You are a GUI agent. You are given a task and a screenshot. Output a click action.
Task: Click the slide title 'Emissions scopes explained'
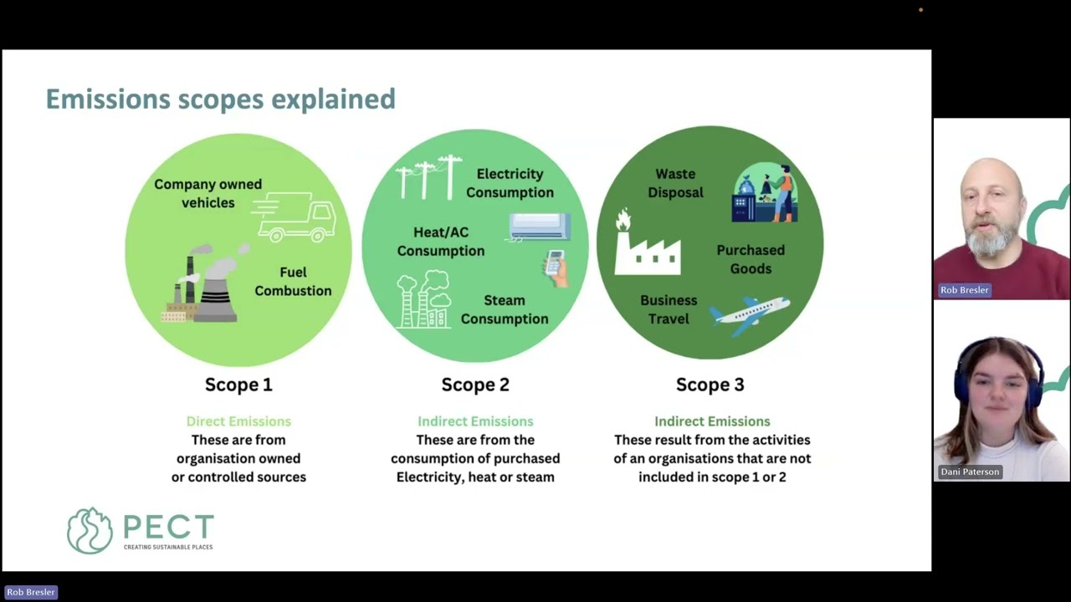pos(220,99)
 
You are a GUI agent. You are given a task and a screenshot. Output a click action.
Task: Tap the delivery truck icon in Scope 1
pos(295,217)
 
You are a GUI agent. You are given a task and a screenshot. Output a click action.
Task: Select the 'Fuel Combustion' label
pos(293,282)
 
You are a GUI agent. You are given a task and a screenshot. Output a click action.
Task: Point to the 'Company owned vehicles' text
pos(208,193)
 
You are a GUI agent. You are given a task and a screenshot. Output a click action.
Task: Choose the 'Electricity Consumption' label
pos(510,183)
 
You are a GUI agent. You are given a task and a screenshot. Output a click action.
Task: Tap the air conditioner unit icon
pos(540,226)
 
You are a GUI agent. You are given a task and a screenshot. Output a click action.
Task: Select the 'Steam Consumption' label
pos(505,309)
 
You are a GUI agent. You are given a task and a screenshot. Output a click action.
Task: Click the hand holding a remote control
pos(556,268)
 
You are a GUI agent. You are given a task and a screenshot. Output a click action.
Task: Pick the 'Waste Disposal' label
pos(675,183)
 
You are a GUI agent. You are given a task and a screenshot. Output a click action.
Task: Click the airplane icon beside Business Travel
pos(750,315)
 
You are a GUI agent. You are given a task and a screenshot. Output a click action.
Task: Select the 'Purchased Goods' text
pos(751,259)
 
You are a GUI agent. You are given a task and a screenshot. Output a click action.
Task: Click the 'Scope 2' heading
pos(475,385)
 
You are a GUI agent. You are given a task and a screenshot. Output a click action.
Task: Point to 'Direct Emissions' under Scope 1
pos(238,421)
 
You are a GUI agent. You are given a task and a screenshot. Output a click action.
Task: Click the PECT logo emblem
pos(90,530)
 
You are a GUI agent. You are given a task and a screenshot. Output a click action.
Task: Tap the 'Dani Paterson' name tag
pos(970,472)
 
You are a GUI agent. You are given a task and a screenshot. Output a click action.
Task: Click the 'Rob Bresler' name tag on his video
pos(964,290)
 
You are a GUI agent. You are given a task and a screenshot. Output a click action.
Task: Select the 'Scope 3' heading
pos(710,385)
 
